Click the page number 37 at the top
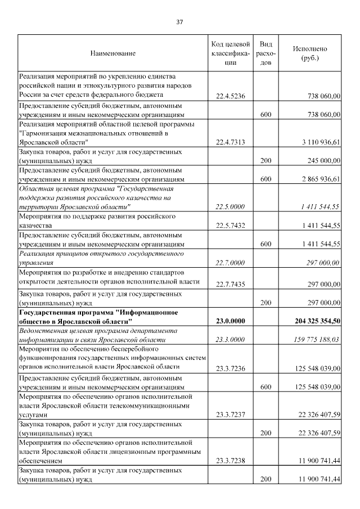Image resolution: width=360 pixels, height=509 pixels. coord(180,22)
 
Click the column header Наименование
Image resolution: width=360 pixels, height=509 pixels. coord(113,53)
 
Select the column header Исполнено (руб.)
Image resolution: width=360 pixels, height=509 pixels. coord(310,53)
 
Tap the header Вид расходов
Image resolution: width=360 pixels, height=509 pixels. coord(267,53)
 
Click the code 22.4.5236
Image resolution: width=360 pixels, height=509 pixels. coord(230,97)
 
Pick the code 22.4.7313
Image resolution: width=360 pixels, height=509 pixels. coord(230,144)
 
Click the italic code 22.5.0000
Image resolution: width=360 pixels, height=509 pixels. coord(230,207)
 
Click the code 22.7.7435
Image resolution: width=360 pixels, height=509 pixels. coord(230,283)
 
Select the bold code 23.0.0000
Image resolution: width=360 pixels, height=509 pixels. coord(230,321)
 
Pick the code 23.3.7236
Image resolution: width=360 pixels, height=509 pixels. coord(230,368)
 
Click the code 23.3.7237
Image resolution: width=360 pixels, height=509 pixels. coord(230,415)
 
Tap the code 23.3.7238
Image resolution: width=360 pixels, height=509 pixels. coord(230,461)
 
